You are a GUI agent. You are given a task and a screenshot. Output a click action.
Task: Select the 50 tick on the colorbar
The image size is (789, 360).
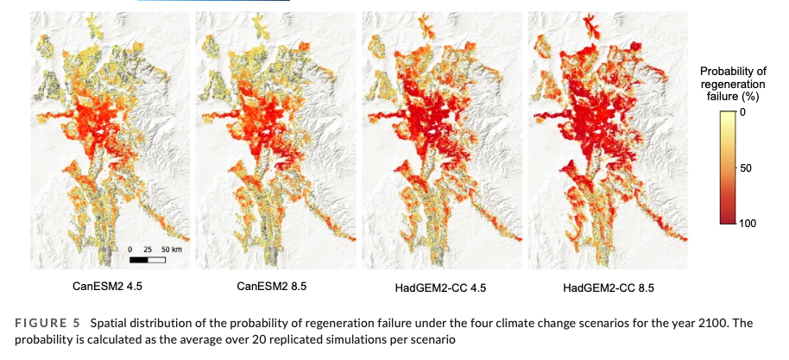tap(747, 167)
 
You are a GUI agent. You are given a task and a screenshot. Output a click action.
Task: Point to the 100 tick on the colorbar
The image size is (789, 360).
tap(748, 223)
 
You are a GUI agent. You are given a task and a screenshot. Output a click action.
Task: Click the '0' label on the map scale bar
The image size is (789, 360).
tap(129, 249)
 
